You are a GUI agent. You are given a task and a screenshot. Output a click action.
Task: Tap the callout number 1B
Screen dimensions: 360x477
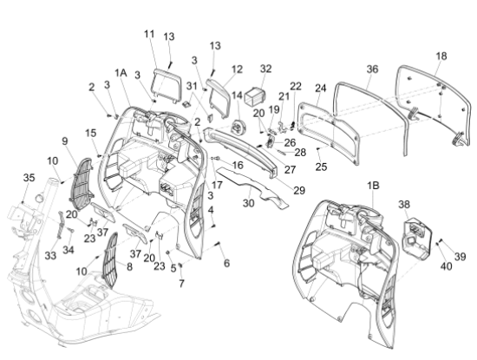click(374, 185)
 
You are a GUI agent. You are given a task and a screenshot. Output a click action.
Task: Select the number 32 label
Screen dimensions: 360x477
click(265, 69)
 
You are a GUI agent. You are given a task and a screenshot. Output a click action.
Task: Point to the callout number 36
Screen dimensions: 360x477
click(372, 69)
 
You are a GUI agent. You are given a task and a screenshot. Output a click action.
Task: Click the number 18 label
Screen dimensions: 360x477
click(441, 56)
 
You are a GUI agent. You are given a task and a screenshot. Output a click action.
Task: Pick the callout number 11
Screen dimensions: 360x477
click(149, 34)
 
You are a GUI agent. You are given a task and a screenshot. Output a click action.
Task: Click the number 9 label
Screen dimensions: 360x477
click(64, 141)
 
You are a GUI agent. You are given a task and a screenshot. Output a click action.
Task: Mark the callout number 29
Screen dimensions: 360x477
click(299, 189)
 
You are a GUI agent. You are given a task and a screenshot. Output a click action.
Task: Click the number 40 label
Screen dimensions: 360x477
click(448, 267)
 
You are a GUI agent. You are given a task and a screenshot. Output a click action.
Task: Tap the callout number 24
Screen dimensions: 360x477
click(320, 88)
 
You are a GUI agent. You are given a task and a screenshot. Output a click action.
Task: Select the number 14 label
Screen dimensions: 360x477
click(237, 94)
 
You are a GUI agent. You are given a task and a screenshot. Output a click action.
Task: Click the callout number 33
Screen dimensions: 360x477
click(50, 256)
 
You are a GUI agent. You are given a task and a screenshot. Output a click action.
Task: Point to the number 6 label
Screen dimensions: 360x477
click(226, 263)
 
